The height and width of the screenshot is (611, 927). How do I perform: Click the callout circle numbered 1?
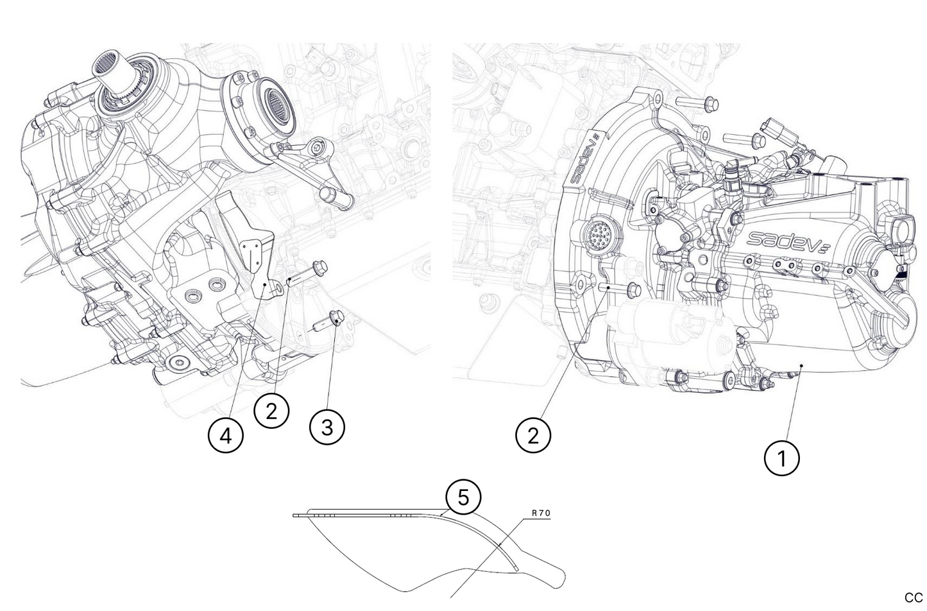781,458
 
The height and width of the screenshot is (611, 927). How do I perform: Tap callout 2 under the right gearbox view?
533,436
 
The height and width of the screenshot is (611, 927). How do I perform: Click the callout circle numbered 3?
327,427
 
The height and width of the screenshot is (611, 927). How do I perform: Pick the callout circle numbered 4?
225,436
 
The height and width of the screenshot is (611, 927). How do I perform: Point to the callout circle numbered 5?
463,497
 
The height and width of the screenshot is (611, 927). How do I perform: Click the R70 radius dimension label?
541,513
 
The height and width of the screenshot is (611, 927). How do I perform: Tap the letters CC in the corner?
913,598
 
